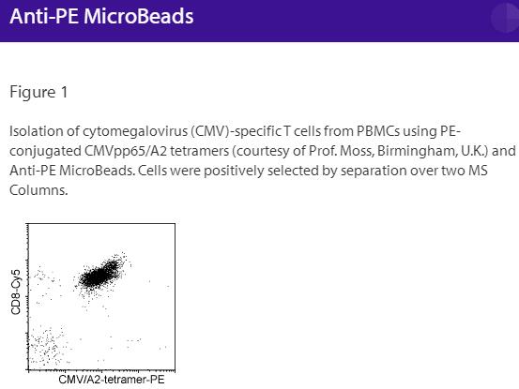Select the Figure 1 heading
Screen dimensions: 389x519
tap(38, 92)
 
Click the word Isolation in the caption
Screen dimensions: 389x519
tap(35, 130)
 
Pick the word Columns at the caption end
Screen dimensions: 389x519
tap(37, 189)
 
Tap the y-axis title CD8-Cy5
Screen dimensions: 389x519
tap(16, 292)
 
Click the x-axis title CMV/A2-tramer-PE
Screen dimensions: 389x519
tap(103, 380)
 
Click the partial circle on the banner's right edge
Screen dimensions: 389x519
tap(506, 17)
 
